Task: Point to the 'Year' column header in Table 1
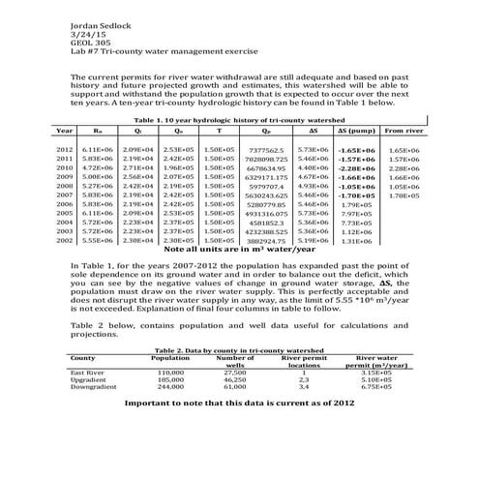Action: pos(65,129)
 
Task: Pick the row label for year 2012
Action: pos(65,152)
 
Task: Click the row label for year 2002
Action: pos(65,241)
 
